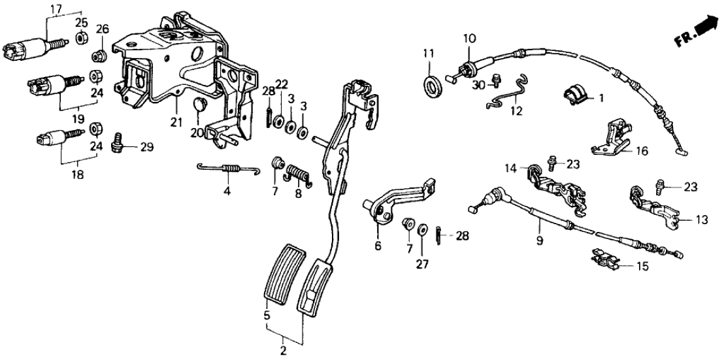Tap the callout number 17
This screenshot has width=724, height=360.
pos(56,8)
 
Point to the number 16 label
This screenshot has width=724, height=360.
pos(642,150)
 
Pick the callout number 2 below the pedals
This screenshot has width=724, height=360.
pos(283,351)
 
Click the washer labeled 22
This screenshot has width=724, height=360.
pos(279,122)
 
